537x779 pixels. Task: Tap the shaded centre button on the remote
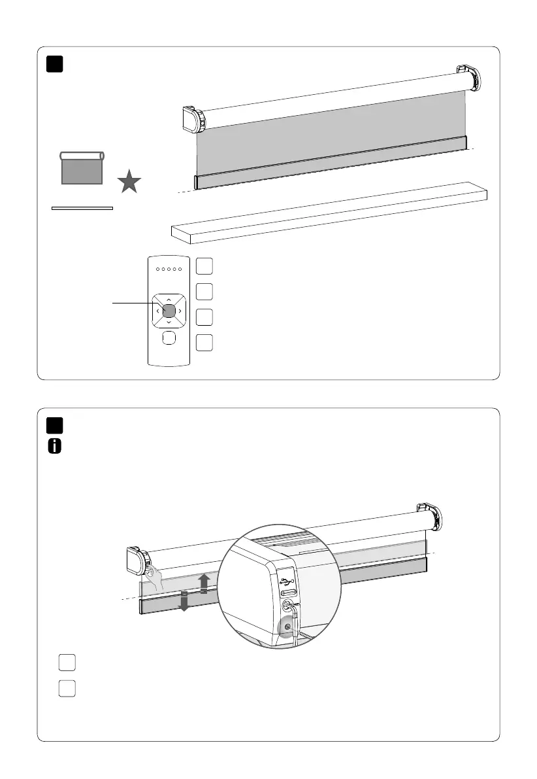(x=169, y=311)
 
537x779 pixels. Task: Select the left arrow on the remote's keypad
(x=158, y=311)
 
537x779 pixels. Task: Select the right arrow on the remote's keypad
(x=180, y=311)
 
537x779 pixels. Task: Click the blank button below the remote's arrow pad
(x=169, y=338)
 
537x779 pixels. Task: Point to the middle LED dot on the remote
(x=169, y=268)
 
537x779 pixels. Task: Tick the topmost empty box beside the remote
(x=204, y=266)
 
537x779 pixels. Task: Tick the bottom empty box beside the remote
(x=204, y=343)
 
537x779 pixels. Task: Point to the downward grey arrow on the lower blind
(x=184, y=600)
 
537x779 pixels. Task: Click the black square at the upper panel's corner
(x=55, y=64)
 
